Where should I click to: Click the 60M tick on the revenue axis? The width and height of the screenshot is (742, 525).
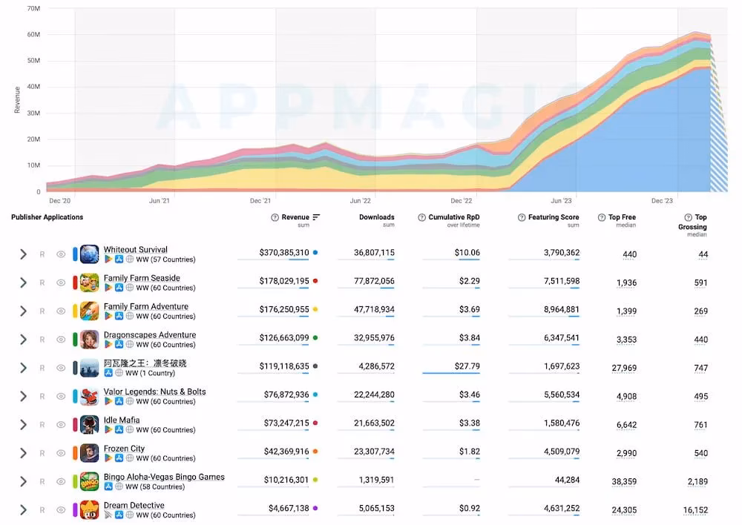[x=33, y=35]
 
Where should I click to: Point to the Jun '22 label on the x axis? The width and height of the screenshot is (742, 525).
[x=360, y=200]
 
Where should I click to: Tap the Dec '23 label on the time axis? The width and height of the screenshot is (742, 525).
[x=662, y=200]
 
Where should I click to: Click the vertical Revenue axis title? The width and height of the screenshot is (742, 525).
[x=18, y=100]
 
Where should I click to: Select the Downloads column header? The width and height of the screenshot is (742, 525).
[x=376, y=217]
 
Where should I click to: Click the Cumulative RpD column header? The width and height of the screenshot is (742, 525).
[x=454, y=217]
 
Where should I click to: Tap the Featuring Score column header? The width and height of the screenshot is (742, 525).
[x=554, y=217]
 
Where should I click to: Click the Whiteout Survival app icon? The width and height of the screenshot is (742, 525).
[x=90, y=254]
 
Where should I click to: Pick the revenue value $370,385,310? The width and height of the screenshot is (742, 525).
[x=284, y=253]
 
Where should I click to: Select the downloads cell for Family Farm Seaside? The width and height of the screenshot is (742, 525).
[x=374, y=281]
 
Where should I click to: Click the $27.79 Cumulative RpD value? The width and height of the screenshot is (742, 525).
[x=467, y=366]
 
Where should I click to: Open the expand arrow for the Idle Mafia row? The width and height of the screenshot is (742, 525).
[x=23, y=425]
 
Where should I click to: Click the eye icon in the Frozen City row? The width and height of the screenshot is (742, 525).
[x=61, y=453]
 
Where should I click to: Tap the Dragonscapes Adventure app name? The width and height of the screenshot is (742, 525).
[x=150, y=335]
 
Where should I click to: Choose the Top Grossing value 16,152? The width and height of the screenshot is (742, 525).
[x=695, y=510]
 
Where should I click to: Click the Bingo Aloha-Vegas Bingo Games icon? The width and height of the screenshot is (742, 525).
[x=90, y=481]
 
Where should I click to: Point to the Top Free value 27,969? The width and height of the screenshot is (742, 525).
[x=624, y=368]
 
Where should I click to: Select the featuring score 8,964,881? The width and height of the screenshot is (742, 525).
[x=561, y=309]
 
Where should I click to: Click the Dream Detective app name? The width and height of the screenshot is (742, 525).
[x=134, y=505]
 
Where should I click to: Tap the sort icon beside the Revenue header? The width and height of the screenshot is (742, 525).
[x=316, y=217]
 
